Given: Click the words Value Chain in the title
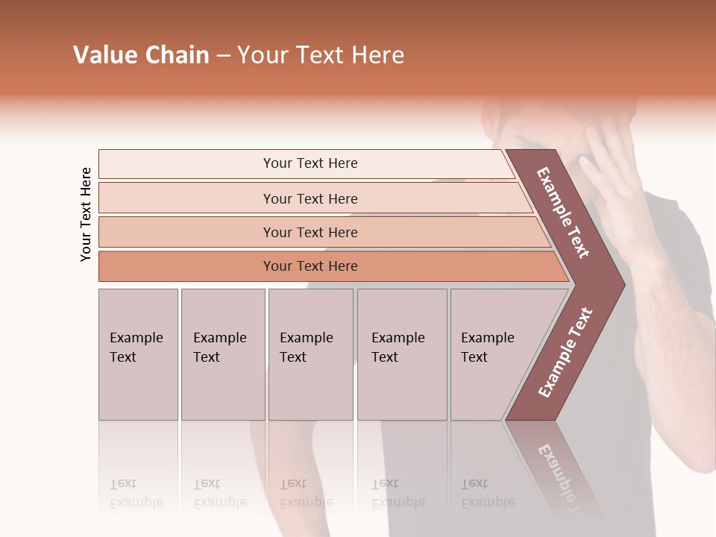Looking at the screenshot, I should tap(141, 55).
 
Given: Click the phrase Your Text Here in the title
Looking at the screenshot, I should tap(321, 55).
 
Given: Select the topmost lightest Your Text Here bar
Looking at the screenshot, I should tap(310, 163).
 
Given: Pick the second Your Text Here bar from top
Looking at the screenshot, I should tap(310, 198).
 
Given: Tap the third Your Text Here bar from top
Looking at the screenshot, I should tap(310, 232).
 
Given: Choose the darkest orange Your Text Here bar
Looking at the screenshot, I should tap(310, 266).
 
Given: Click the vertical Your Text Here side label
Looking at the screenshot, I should tap(86, 214).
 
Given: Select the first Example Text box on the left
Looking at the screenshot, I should tap(138, 354).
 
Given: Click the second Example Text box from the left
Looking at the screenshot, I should tap(222, 354).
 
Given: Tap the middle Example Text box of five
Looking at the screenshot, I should tap(310, 354).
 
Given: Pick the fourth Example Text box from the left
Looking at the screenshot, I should tap(401, 354).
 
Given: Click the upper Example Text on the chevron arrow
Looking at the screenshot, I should tap(563, 213).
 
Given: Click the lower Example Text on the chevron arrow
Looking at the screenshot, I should tap(565, 352).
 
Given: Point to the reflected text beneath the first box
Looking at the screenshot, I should tap(136, 493).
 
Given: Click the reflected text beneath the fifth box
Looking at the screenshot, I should tap(487, 493).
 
